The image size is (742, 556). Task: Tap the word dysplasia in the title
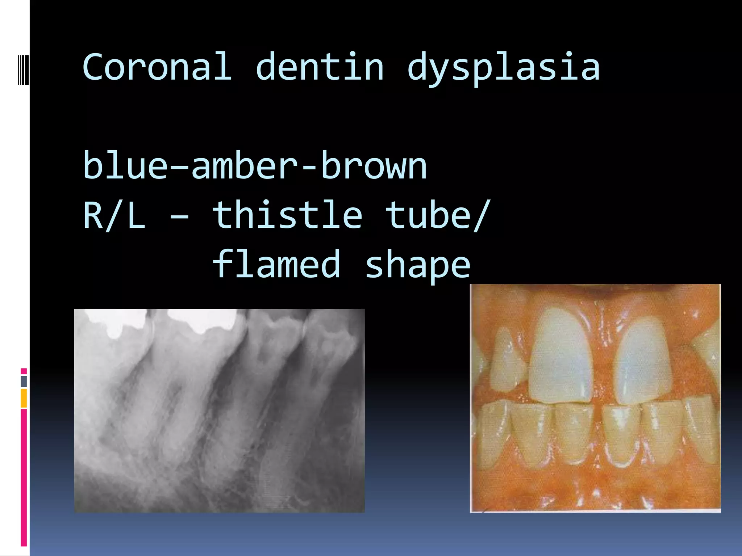pos(503,69)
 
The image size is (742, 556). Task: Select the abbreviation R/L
pos(114,216)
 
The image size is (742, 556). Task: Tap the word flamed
pos(276,265)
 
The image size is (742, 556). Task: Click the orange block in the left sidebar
pos(24,398)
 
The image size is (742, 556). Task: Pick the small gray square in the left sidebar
pos(24,381)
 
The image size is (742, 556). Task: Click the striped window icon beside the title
pos(23,69)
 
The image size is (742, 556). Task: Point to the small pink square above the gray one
pos(24,371)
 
